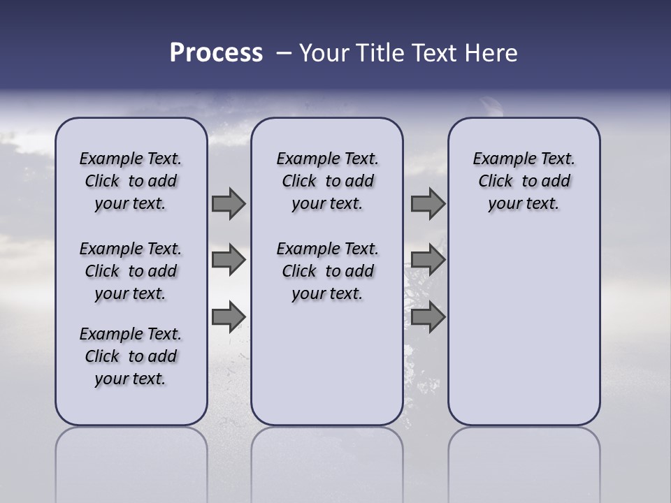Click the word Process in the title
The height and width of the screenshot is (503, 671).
(216, 53)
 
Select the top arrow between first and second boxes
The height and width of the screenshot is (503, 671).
(229, 203)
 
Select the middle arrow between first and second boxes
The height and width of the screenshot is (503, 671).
(229, 260)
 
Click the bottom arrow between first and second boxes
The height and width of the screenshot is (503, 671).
(229, 316)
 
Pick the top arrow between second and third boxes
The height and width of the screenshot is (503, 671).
(428, 203)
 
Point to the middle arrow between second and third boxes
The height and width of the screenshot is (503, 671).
(428, 260)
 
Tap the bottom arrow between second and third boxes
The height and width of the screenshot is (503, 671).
(428, 316)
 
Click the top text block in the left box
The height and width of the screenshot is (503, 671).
(131, 181)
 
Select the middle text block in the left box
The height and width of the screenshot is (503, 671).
(131, 271)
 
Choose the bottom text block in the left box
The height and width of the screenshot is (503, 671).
(131, 356)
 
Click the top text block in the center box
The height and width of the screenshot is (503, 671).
(327, 181)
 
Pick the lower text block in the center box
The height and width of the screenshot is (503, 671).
(327, 271)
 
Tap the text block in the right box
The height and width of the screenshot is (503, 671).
(524, 181)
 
